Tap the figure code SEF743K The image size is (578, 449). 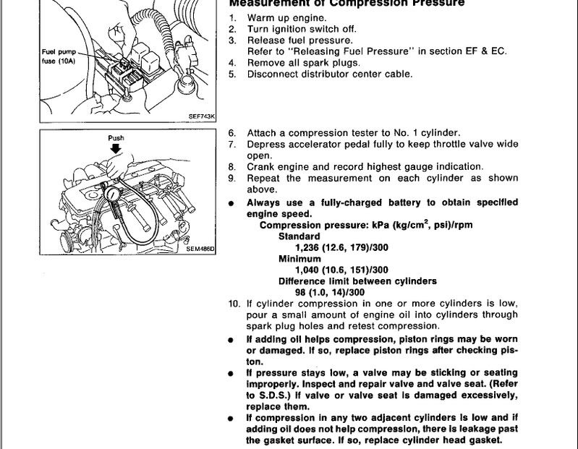coord(202,115)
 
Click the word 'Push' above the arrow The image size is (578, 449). coord(116,137)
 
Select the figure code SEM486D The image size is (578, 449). coord(201,249)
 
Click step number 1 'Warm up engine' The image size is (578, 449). coord(233,17)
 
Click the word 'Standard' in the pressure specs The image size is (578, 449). coord(299,236)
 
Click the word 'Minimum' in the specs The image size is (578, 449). coord(299,258)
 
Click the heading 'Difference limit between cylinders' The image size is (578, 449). coord(357,281)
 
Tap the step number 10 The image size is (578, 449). coord(234,304)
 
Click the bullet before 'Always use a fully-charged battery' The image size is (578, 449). coord(231,204)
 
